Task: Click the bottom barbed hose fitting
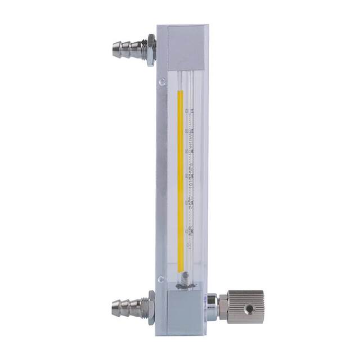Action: click(x=127, y=308)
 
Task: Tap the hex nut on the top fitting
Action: click(x=151, y=50)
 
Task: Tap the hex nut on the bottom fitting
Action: click(x=151, y=308)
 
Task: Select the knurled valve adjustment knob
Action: click(x=246, y=307)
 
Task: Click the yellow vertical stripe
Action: click(x=181, y=180)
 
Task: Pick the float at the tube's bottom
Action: click(x=186, y=278)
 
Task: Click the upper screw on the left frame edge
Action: click(x=162, y=82)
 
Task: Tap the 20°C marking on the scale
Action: click(x=191, y=204)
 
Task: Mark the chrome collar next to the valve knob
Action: click(x=211, y=307)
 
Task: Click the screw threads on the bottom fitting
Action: click(x=143, y=308)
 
